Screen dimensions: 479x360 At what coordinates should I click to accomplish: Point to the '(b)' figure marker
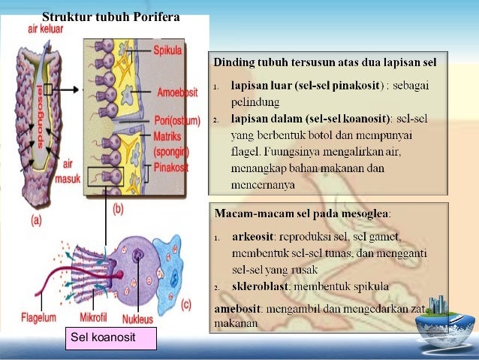click(117, 210)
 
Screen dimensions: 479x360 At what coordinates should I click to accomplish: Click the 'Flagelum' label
click(38, 317)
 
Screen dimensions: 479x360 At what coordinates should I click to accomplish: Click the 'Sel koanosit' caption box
click(112, 338)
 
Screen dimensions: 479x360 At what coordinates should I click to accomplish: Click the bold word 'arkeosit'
click(253, 237)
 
